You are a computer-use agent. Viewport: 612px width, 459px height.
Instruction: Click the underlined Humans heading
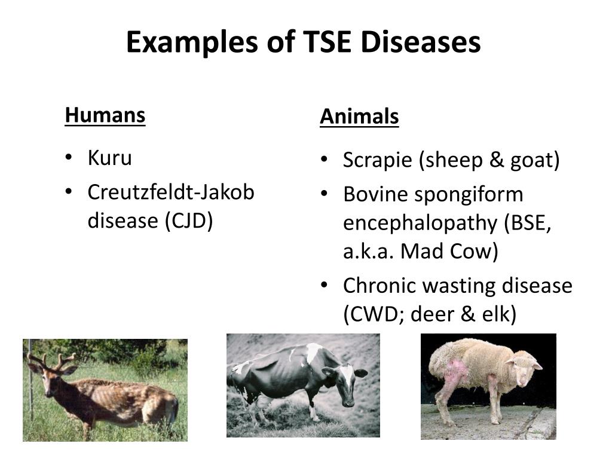point(105,115)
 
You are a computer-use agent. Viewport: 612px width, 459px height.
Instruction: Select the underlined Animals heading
point(359,117)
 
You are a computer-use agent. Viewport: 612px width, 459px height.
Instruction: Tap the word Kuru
point(110,158)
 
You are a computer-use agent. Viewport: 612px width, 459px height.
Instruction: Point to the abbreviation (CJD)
point(189,221)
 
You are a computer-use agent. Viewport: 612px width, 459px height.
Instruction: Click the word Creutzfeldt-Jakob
point(171,192)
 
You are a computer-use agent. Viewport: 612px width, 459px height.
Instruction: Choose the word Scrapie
point(378,160)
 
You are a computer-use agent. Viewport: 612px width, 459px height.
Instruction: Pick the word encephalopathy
point(420,224)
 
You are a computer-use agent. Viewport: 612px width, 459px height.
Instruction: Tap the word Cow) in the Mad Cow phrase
point(474,251)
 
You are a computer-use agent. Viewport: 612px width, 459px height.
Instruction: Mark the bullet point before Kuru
point(69,157)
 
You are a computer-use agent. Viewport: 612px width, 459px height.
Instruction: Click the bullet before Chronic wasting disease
point(324,285)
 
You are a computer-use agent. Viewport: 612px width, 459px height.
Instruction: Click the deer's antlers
point(51,360)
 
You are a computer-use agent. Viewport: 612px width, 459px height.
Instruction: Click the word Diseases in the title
point(420,42)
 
